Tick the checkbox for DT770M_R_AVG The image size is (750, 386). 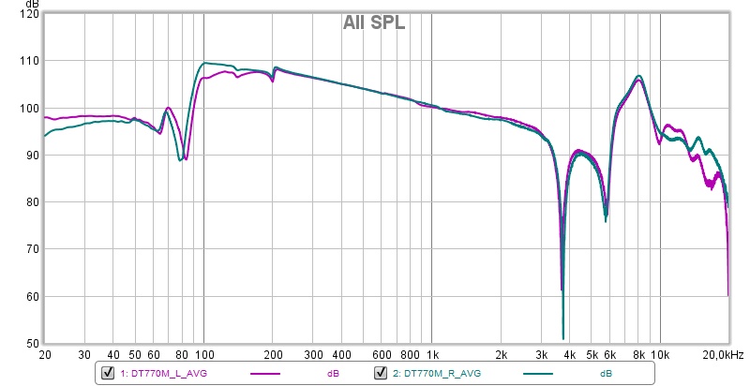tap(382, 373)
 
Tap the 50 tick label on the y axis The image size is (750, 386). tap(32, 344)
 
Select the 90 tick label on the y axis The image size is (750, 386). tap(32, 156)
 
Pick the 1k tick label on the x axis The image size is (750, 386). tap(432, 356)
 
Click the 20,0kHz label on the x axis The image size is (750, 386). tap(722, 356)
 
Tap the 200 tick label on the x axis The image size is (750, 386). tap(273, 356)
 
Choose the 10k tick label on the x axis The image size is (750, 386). tap(660, 356)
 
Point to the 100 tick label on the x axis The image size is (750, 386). tap(204, 356)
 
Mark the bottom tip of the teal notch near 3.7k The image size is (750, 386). tap(562, 338)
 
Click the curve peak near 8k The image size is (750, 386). tap(638, 76)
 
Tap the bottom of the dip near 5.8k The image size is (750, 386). tap(606, 220)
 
